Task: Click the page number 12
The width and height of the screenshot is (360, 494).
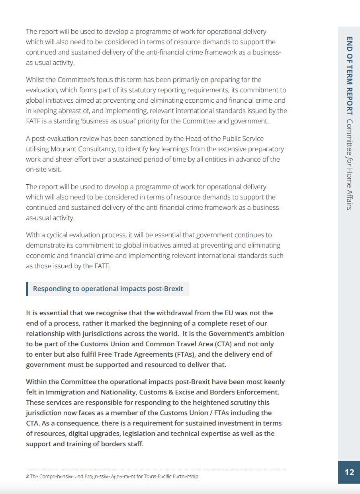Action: (349, 472)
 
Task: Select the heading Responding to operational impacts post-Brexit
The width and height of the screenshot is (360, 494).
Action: (108, 289)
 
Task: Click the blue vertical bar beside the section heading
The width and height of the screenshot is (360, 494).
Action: (27, 289)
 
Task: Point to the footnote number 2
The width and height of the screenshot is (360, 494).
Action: (27, 476)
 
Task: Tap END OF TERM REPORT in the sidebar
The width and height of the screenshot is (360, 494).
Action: (349, 76)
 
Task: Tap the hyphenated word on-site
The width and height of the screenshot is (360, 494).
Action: (37, 170)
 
